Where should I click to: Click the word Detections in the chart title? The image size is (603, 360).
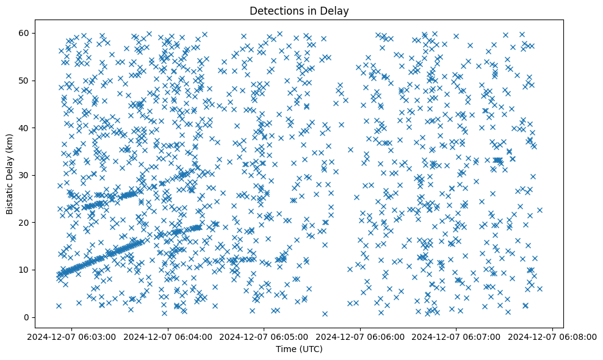272,10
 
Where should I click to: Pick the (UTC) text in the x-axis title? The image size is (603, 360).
311,349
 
